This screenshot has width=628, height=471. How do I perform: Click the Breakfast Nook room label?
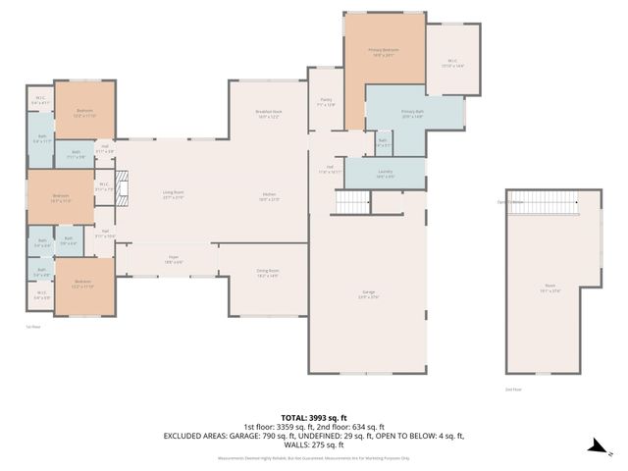click(x=269, y=114)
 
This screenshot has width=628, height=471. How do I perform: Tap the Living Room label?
click(x=173, y=195)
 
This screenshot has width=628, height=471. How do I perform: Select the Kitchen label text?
click(x=270, y=195)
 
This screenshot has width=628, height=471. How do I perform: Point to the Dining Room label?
click(x=267, y=274)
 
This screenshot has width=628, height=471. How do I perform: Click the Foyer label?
click(x=171, y=259)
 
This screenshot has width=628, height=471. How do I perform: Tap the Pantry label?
click(x=326, y=101)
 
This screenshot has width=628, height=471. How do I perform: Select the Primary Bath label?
click(x=413, y=113)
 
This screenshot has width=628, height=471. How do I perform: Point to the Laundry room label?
click(x=386, y=174)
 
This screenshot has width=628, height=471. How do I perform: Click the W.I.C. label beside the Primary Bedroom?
click(x=453, y=62)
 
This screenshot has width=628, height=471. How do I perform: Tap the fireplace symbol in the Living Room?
click(x=123, y=186)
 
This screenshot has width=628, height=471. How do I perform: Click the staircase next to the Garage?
click(x=350, y=202)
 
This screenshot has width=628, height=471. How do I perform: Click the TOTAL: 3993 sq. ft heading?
click(x=313, y=417)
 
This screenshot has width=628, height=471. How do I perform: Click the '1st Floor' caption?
click(x=33, y=327)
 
